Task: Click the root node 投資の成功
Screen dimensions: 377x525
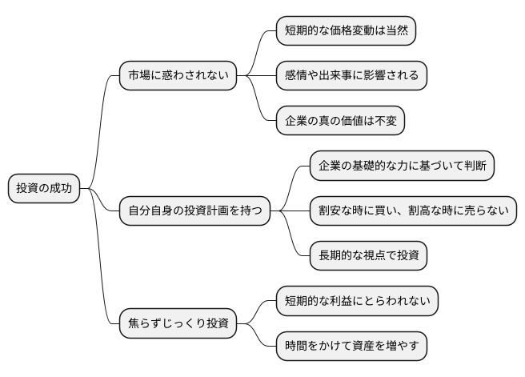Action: click(x=45, y=189)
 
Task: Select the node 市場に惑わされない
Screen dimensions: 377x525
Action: click(x=178, y=76)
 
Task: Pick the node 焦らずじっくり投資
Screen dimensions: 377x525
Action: click(x=178, y=324)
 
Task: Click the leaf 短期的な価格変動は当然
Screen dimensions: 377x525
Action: click(x=347, y=31)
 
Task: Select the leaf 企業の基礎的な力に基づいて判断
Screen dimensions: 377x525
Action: click(x=403, y=166)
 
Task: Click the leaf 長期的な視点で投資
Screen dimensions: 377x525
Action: click(x=369, y=256)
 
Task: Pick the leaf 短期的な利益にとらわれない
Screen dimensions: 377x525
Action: click(x=358, y=301)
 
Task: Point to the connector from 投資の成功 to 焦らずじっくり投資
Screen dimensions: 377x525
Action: click(x=102, y=264)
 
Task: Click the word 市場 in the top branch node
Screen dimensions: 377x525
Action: click(x=138, y=76)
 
